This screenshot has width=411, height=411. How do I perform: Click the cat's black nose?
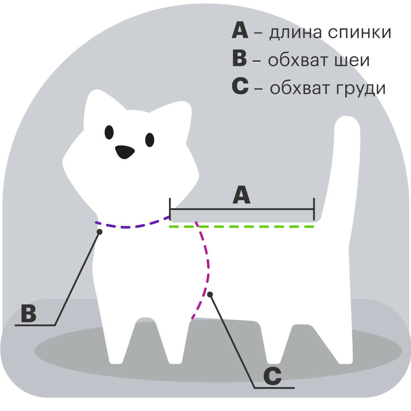pos(125,152)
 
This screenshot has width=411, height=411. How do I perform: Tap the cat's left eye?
pos(109,132)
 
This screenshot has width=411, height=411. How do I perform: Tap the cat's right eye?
pos(150,140)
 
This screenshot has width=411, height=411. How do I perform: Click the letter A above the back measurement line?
pos(241,195)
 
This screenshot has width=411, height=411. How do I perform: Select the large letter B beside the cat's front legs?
pos(29,314)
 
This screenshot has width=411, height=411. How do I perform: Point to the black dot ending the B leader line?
pos(99,232)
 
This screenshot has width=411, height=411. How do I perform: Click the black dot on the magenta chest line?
pos(210,294)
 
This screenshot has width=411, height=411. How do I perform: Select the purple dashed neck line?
pos(132,226)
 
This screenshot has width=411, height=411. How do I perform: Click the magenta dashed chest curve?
pos(207,263)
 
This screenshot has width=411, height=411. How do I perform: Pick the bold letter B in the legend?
pos(240,59)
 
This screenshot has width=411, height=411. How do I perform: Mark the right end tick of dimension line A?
pos(314,209)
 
